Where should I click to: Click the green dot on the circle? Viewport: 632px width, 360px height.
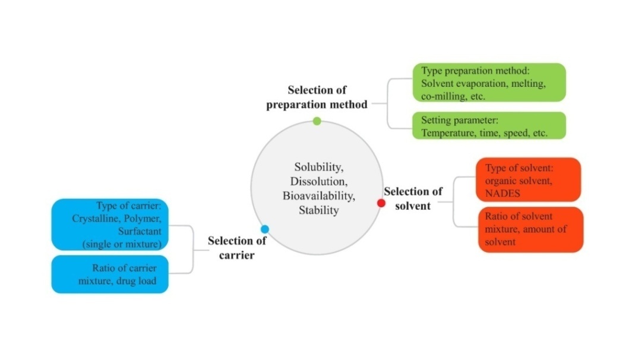point(317,121)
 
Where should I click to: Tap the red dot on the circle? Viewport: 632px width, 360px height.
point(381,203)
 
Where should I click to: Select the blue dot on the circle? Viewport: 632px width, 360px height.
point(265,229)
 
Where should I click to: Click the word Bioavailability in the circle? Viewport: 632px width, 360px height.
point(317,195)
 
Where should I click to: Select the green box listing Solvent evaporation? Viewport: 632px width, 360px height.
point(489,83)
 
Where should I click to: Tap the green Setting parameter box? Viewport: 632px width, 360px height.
point(489,126)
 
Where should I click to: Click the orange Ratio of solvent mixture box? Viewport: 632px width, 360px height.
point(530,229)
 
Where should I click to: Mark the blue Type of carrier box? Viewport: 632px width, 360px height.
point(110,224)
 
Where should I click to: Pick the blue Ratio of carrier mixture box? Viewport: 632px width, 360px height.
point(110,274)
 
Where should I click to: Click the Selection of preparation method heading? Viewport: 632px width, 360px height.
point(317,97)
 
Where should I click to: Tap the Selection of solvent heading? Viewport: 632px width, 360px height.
point(413,198)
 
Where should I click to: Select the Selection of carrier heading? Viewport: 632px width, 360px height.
point(237,248)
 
